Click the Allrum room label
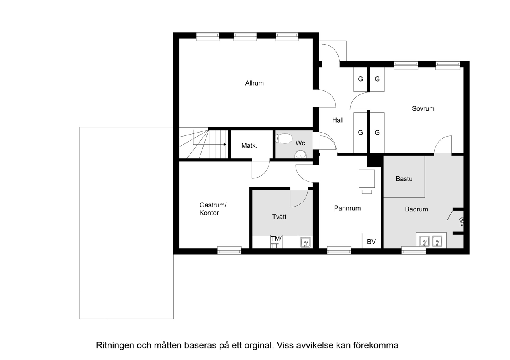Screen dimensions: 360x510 [x=254, y=83]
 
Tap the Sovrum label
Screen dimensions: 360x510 [x=423, y=108]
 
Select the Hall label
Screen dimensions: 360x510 [x=338, y=120]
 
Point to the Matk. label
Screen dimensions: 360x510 [x=249, y=146]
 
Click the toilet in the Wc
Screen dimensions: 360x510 [x=283, y=139]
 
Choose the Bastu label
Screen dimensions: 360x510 [x=404, y=179]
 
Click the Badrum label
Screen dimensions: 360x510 [x=416, y=209]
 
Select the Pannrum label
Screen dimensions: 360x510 [x=347, y=208]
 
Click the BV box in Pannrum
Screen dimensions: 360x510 [x=371, y=241]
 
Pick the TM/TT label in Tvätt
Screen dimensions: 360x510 [x=276, y=242]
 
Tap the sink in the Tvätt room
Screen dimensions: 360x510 [x=306, y=242]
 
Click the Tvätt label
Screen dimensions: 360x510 [x=279, y=217]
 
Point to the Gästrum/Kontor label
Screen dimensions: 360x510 [x=213, y=209]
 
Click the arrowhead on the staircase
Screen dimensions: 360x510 [x=225, y=144]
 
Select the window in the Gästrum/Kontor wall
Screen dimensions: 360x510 [x=229, y=250]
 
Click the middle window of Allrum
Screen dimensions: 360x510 [x=245, y=36]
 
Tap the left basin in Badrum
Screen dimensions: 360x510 [x=424, y=241]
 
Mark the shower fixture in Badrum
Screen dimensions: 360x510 [x=461, y=220]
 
